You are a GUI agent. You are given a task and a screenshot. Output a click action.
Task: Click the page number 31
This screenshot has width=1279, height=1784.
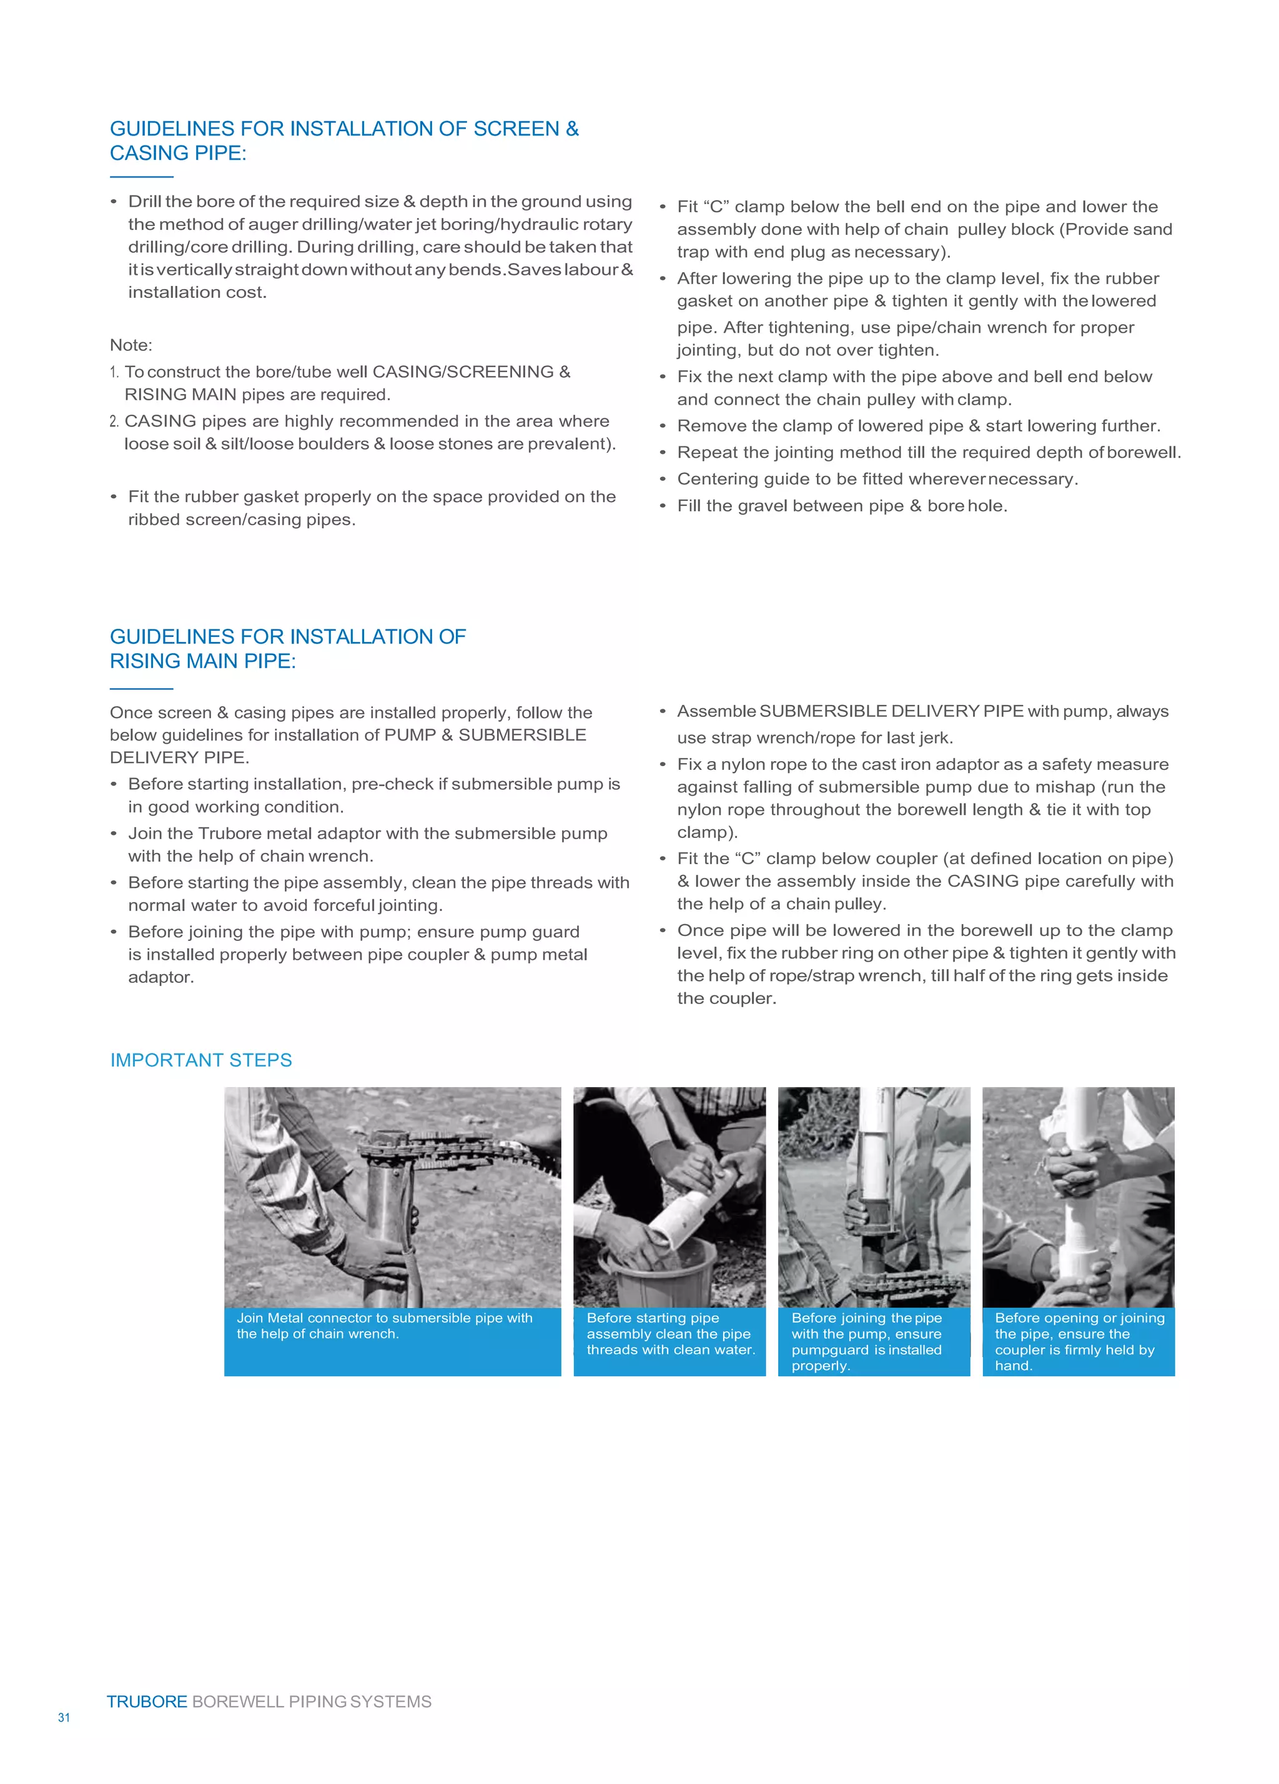click(x=64, y=1717)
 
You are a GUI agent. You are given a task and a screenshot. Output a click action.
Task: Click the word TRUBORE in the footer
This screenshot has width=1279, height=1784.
click(x=147, y=1702)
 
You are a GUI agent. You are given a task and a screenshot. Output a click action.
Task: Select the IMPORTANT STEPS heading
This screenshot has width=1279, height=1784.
click(x=200, y=1060)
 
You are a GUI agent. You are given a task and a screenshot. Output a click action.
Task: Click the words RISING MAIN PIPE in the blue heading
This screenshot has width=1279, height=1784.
click(x=202, y=661)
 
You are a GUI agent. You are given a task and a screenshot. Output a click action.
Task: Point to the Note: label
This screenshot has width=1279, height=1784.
click(x=131, y=345)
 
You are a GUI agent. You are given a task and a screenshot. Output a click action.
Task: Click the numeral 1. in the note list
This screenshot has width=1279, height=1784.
click(x=114, y=372)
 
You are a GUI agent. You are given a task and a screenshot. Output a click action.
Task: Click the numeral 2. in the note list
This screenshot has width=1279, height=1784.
click(x=114, y=421)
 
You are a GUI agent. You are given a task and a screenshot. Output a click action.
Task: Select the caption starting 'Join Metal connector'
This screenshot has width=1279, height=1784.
click(x=385, y=1326)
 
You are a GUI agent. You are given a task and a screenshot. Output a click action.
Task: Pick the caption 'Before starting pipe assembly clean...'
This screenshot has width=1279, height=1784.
click(x=670, y=1333)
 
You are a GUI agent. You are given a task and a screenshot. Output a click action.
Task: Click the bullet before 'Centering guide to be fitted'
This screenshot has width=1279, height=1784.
click(x=663, y=479)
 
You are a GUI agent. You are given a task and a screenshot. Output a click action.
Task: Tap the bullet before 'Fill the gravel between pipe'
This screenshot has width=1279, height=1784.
click(x=663, y=506)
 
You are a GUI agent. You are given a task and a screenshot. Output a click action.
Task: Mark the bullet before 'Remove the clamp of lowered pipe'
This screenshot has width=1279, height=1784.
click(x=663, y=426)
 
